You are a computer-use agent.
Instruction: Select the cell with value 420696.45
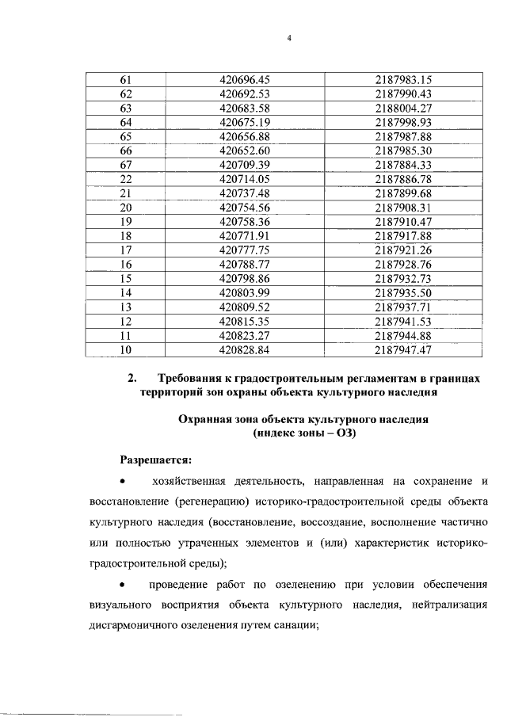point(245,79)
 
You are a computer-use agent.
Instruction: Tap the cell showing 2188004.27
point(403,108)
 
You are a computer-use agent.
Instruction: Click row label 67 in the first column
point(124,165)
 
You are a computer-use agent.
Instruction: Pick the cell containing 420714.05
point(245,179)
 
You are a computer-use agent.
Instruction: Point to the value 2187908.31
point(403,208)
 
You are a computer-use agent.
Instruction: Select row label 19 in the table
point(124,222)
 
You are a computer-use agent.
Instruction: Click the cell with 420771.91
point(245,236)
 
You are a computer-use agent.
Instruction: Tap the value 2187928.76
point(403,265)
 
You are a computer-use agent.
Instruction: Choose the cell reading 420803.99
point(245,293)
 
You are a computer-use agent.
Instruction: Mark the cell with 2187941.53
point(403,322)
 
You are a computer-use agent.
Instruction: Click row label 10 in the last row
point(124,349)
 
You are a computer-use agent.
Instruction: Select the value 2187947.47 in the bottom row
point(403,349)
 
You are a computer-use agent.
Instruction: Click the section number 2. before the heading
point(133,379)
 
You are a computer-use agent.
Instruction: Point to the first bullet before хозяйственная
point(122,481)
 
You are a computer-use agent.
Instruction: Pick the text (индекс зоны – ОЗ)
point(302,433)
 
